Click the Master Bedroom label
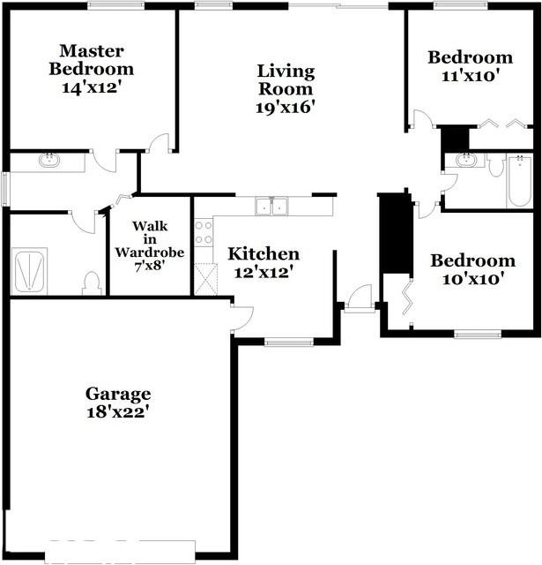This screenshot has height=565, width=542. click(92, 60)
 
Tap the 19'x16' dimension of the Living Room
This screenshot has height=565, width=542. click(285, 107)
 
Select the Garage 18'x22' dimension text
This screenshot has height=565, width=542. click(117, 411)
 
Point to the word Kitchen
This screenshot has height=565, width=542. click(264, 254)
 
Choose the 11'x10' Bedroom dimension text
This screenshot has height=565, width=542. click(470, 76)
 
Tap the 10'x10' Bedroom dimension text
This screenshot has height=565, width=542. click(472, 279)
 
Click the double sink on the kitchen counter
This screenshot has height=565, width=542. click(271, 207)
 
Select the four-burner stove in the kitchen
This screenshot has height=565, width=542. click(204, 232)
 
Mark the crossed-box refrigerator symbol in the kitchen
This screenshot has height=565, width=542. click(204, 279)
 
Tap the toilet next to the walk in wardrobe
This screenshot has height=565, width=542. click(90, 282)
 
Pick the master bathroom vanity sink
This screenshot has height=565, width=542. click(49, 162)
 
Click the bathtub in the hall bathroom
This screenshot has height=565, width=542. click(519, 180)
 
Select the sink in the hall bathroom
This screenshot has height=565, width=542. click(464, 162)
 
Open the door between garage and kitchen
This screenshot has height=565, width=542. click(241, 317)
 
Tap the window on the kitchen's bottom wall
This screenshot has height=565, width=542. click(289, 342)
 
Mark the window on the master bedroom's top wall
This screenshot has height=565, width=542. click(116, 5)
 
